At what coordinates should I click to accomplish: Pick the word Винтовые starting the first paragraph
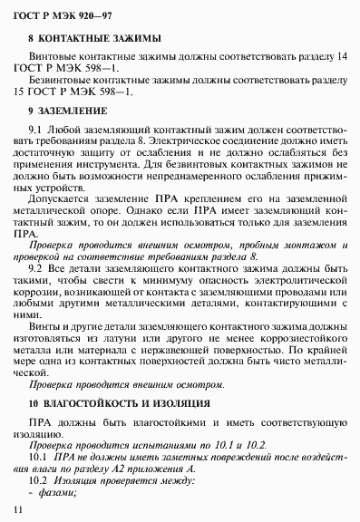click(x=54, y=57)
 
